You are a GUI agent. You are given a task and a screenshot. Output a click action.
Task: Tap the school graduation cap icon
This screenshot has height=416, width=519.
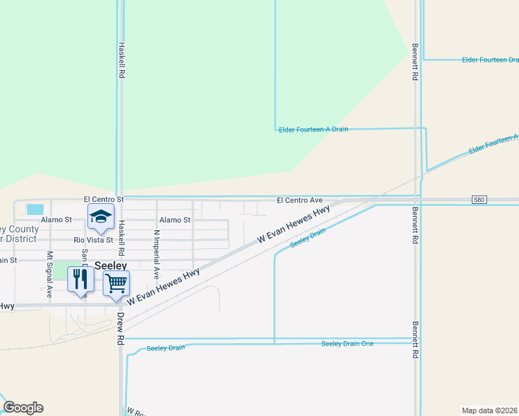(x=101, y=217)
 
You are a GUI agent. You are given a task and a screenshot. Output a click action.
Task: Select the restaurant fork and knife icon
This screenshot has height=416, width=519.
(x=80, y=279)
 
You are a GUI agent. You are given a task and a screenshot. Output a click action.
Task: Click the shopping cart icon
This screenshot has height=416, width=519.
(x=116, y=282)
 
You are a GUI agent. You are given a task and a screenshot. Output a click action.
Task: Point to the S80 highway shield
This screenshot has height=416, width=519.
(x=479, y=200)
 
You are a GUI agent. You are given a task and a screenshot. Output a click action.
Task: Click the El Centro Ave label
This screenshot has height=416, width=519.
(x=300, y=200)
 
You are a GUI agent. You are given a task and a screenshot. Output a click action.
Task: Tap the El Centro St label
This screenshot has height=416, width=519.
(x=103, y=199)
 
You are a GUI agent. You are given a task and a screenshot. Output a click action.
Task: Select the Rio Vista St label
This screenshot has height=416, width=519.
(x=93, y=240)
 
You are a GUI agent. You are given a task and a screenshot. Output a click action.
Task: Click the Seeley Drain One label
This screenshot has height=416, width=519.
(x=347, y=344)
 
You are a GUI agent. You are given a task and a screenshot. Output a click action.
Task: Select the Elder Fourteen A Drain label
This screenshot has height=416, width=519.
(x=313, y=130)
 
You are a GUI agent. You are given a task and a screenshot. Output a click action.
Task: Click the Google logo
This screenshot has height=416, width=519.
(x=23, y=408)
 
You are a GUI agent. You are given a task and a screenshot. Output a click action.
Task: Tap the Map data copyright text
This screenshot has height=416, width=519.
(x=489, y=410)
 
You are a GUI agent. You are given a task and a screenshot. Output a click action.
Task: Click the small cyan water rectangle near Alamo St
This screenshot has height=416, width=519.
(x=34, y=209)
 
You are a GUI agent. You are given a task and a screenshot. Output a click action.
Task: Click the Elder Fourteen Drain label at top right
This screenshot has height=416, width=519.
(x=490, y=60)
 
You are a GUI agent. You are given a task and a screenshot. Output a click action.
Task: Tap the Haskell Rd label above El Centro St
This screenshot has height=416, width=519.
(x=121, y=60)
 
